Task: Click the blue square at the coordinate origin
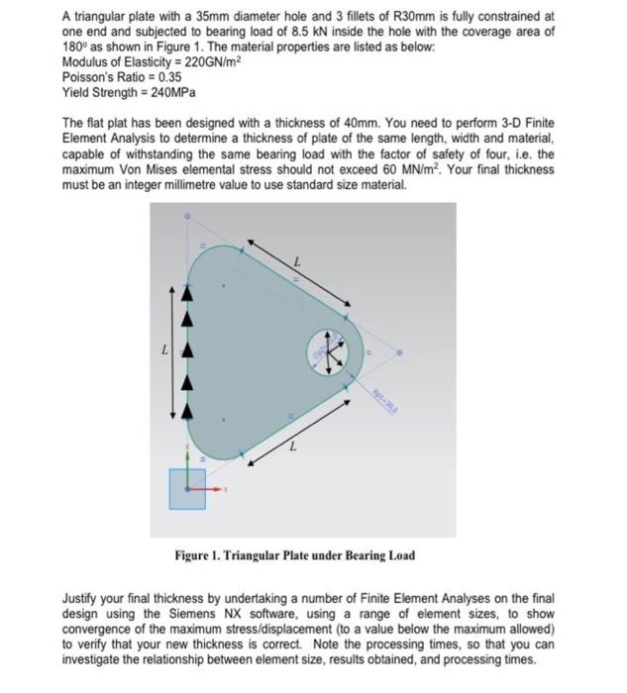[187, 489]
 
